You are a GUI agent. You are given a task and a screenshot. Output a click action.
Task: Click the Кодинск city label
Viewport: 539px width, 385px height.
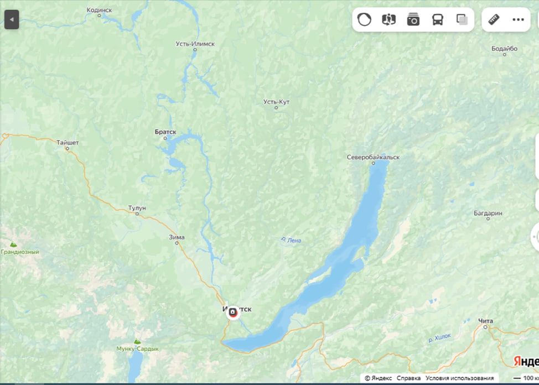[x=100, y=10]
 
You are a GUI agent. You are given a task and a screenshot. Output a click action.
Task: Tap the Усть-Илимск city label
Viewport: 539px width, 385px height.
[x=195, y=44]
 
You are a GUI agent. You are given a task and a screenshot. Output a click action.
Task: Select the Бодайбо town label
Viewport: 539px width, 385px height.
[x=504, y=49]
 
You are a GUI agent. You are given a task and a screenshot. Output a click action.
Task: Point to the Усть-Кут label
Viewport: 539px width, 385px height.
[x=276, y=102]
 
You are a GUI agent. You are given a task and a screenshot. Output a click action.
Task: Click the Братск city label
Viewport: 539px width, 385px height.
[x=165, y=132]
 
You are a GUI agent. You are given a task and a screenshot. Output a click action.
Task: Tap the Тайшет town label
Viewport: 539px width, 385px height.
[x=68, y=143]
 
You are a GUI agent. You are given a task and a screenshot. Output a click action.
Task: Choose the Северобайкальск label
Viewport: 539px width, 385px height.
[x=373, y=157]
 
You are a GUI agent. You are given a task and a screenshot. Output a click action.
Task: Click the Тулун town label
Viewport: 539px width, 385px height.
[x=137, y=208]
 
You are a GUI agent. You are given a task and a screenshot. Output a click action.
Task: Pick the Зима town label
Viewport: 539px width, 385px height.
[x=177, y=237]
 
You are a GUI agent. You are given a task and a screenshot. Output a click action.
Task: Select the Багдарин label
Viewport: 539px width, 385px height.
[x=488, y=213]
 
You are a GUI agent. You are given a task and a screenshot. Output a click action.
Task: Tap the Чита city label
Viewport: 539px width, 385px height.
[x=485, y=321]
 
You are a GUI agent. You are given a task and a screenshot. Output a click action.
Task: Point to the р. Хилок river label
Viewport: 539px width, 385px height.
[x=439, y=337]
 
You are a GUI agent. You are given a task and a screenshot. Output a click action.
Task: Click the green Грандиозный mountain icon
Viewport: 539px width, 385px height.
[x=13, y=243]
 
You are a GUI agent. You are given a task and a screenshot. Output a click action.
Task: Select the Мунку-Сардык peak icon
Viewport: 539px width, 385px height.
[x=137, y=341]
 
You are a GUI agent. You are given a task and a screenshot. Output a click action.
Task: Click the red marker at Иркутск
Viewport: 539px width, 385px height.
[x=233, y=313]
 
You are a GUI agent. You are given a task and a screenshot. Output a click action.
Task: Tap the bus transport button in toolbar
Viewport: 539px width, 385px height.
[x=437, y=20]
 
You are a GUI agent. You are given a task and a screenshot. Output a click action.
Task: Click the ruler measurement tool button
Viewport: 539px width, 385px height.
[x=494, y=20]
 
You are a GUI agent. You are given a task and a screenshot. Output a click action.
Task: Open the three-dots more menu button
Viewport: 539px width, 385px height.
[x=518, y=20]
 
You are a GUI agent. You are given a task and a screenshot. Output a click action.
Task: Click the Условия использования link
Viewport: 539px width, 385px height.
[x=459, y=378]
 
